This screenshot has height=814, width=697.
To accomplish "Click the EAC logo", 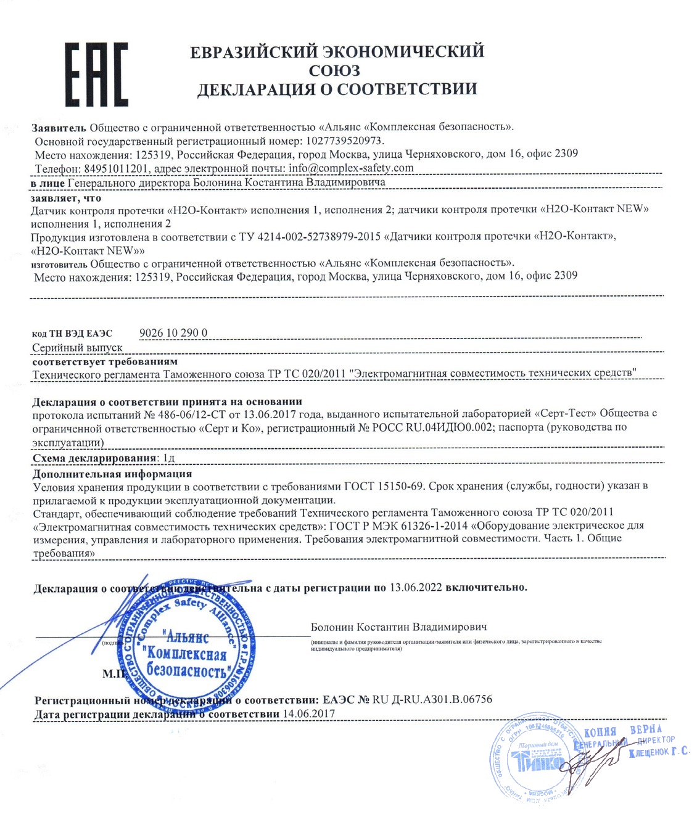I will click(x=97, y=75).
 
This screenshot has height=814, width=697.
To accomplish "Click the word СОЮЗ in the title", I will click(x=335, y=70).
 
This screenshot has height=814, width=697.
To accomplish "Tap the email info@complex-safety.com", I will click(x=351, y=168).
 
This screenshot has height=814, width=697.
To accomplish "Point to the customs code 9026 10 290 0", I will click(x=173, y=333).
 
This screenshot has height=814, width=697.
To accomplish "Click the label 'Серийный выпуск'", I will click(x=77, y=348).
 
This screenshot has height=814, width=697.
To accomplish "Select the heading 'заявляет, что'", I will click(x=66, y=199).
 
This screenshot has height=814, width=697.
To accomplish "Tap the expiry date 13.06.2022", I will click(x=416, y=587).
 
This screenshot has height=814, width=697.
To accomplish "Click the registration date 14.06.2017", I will click(x=308, y=713).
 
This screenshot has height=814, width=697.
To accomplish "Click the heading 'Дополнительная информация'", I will click(x=112, y=474).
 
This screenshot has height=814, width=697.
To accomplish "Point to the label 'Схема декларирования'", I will click(x=93, y=458).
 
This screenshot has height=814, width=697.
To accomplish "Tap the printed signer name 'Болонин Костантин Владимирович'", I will click(x=398, y=627).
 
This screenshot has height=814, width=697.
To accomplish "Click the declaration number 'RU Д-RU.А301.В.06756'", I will click(x=432, y=699).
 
